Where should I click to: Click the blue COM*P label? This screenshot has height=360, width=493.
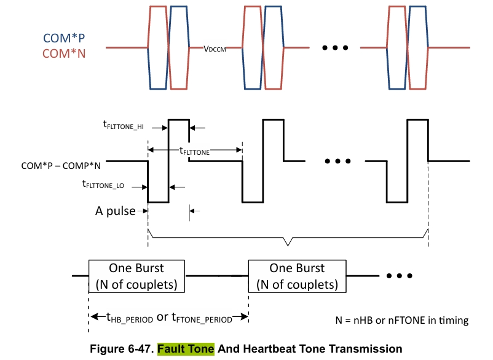[64, 38]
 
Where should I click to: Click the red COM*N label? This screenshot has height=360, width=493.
[64, 53]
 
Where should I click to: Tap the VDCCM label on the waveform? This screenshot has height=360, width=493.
[215, 49]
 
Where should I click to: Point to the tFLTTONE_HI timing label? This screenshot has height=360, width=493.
[123, 125]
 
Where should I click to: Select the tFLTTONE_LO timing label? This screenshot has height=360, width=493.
[103, 184]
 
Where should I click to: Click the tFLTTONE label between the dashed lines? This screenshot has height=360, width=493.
[194, 151]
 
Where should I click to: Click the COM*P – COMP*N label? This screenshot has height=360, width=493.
[61, 165]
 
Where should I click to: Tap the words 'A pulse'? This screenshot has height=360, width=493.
[116, 211]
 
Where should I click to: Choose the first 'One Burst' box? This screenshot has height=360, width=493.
[136, 276]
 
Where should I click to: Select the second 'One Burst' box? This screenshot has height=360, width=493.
[297, 276]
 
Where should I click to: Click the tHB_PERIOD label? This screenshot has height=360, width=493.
[130, 318]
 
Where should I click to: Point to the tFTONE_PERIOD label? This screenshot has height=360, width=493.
[202, 318]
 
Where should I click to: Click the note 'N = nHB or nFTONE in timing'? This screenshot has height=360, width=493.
[402, 320]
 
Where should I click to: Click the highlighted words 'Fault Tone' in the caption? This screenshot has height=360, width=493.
[186, 349]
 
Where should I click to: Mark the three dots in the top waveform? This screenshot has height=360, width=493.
[335, 48]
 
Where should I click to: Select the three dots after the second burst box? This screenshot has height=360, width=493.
[400, 276]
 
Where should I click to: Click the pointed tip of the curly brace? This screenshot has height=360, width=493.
[288, 245]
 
